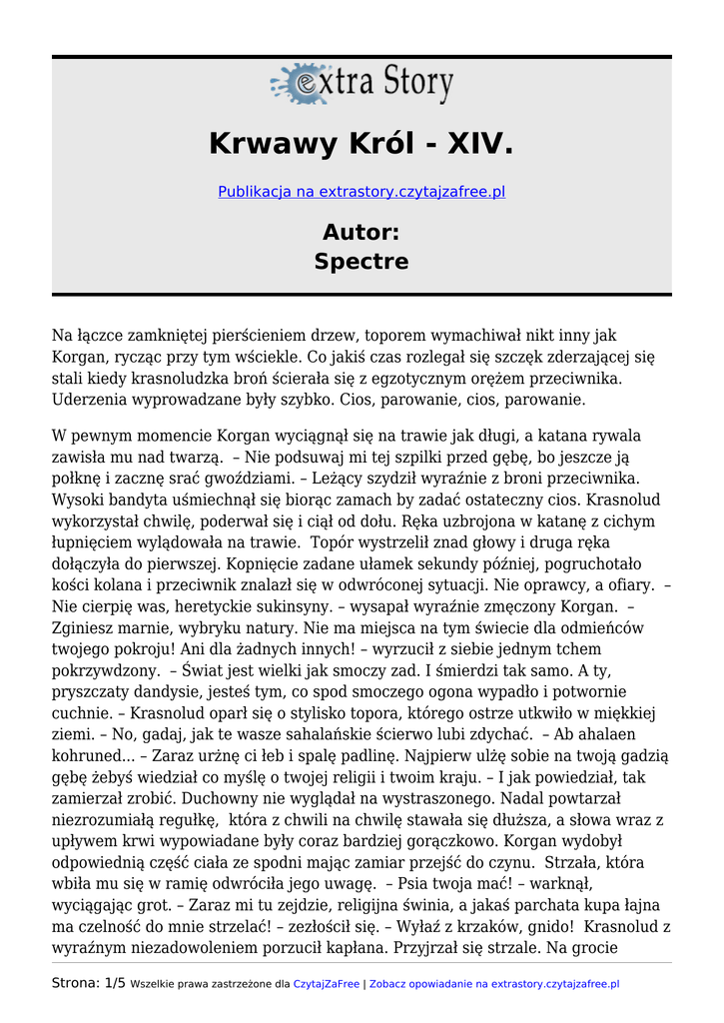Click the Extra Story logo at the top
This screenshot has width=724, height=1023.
(362, 83)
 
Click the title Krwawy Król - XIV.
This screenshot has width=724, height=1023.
(362, 145)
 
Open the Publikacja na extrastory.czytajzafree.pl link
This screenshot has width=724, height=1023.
(362, 191)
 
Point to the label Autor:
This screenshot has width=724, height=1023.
(362, 233)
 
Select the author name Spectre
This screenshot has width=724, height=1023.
(362, 262)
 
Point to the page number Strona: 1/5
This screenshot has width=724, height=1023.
(89, 983)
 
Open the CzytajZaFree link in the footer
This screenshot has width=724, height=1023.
(326, 984)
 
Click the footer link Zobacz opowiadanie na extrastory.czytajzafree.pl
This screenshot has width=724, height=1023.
(494, 984)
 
